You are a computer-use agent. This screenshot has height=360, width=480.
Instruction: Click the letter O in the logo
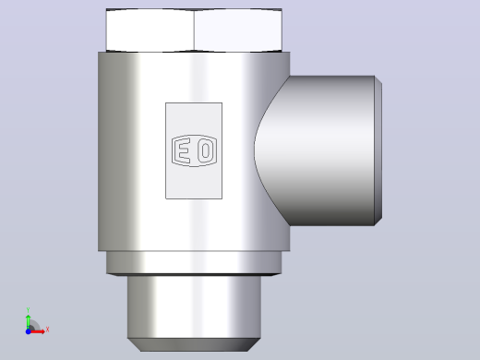coord(205,150)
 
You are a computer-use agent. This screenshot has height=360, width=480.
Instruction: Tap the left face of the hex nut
coord(150,30)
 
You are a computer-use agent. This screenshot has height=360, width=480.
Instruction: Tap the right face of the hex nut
coord(238,30)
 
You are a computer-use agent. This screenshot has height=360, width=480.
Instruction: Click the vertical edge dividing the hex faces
coord(194,30)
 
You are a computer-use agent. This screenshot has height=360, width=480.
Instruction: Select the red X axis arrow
coord(37,331)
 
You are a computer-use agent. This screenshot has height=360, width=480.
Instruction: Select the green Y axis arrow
coord(29,321)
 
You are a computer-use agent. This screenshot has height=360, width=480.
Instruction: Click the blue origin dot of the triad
coord(28,331)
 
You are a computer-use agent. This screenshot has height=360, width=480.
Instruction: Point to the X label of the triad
coord(47,330)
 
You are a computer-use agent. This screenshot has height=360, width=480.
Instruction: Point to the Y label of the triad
coord(28,310)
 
